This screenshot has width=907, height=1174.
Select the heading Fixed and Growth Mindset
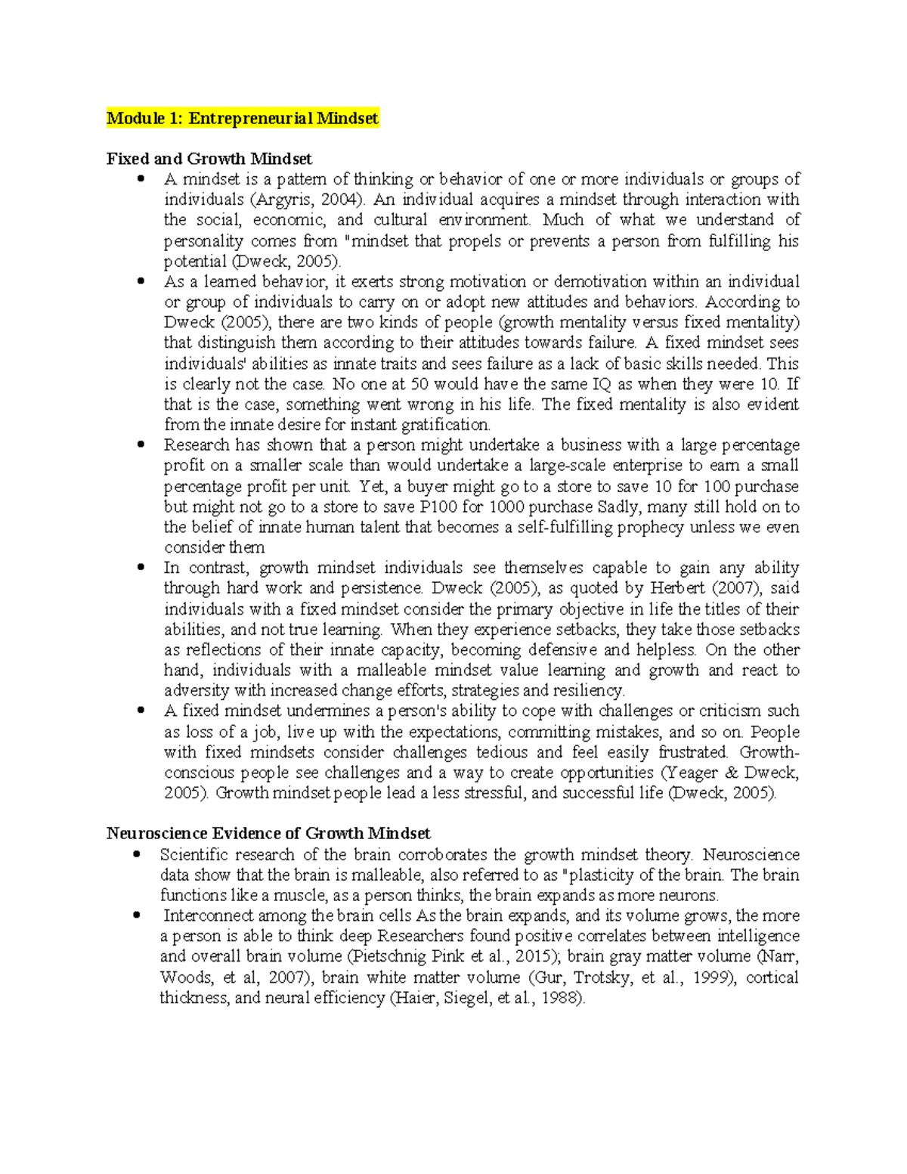pos(209,159)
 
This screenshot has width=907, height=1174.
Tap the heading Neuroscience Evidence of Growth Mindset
pos(268,833)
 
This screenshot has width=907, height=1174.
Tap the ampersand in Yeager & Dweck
pos(731,773)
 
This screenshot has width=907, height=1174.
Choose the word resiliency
pos(588,690)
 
